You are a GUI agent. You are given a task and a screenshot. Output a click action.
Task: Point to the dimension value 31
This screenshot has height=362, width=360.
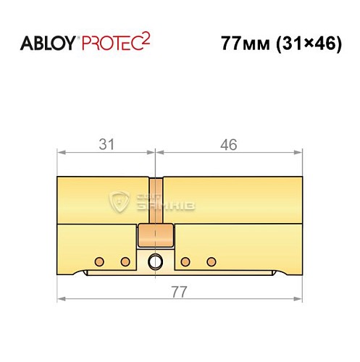click(106, 145)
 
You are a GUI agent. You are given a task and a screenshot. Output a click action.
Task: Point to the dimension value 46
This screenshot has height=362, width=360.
click(229, 145)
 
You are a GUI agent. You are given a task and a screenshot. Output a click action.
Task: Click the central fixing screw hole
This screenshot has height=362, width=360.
click(155, 261)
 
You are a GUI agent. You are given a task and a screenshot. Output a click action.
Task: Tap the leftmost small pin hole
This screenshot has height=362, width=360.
click(99, 261)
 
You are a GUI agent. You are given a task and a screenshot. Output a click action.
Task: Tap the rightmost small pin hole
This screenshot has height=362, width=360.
click(212, 261)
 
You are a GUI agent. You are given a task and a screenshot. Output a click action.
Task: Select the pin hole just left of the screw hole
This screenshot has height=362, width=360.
click(125, 261)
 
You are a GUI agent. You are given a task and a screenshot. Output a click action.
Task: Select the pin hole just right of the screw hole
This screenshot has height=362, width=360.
click(185, 261)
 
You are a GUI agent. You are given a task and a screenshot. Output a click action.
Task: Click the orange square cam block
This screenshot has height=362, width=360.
click(155, 235)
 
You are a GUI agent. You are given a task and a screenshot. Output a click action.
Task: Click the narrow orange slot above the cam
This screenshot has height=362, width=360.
click(155, 200)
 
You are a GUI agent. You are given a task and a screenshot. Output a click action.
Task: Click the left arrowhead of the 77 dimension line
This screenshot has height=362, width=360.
click(61, 299)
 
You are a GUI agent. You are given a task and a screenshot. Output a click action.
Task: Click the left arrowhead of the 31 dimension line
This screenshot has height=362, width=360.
click(61, 153)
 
